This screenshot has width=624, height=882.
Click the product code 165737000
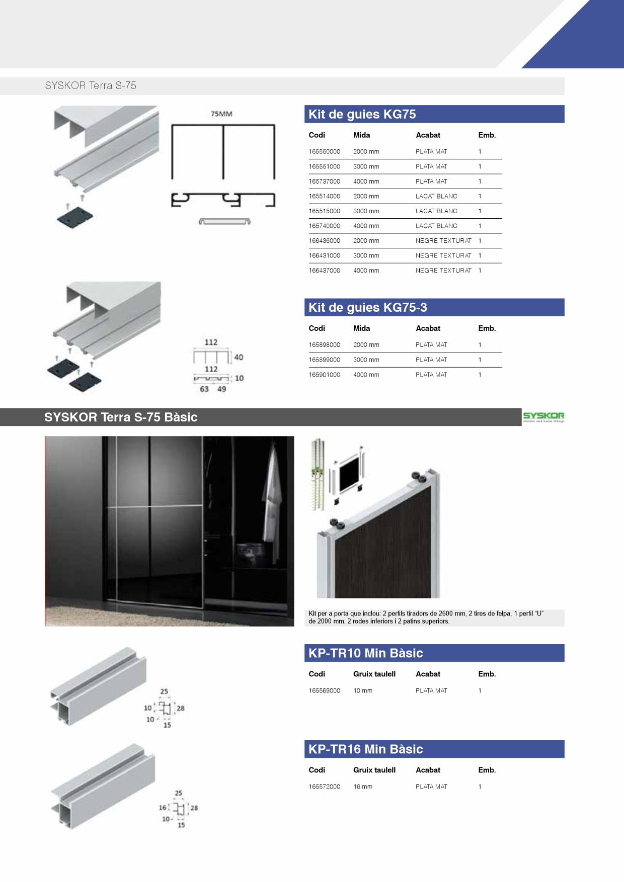pyautogui.click(x=324, y=182)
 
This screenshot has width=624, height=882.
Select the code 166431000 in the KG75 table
pyautogui.click(x=324, y=256)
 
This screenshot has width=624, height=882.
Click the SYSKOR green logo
pyautogui.click(x=543, y=416)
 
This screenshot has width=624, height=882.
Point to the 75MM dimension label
pyautogui.click(x=221, y=114)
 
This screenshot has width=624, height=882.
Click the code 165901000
pyautogui.click(x=324, y=375)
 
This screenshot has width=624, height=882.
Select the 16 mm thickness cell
pyautogui.click(x=363, y=787)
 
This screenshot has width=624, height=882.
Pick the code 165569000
pyautogui.click(x=324, y=691)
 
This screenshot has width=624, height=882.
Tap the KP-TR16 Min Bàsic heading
pyautogui.click(x=365, y=749)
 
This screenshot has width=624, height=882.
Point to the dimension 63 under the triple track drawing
pyautogui.click(x=204, y=389)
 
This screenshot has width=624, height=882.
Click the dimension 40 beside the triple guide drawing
pyautogui.click(x=239, y=357)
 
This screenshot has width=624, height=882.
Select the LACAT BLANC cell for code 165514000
pyautogui.click(x=436, y=197)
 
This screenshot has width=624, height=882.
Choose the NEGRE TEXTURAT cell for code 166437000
pyautogui.click(x=443, y=271)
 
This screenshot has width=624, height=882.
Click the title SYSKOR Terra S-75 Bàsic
pyautogui.click(x=121, y=417)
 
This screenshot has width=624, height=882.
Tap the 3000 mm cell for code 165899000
pyautogui.click(x=366, y=360)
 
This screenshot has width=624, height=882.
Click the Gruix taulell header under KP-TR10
pyautogui.click(x=374, y=674)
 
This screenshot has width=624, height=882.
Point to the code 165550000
pyautogui.click(x=324, y=152)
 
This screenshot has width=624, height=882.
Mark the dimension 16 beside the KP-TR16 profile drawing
pyautogui.click(x=163, y=808)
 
